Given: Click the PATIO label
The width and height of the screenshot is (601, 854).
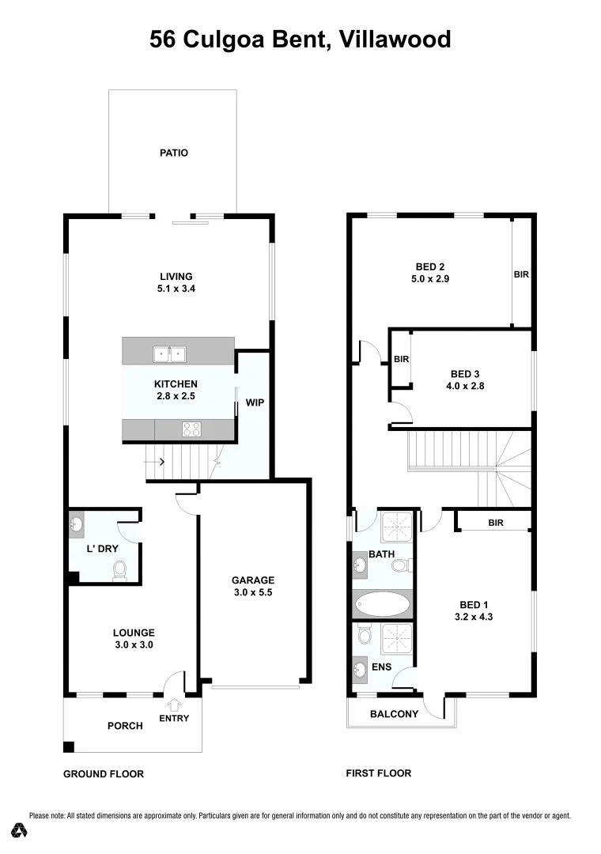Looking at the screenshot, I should click(174, 153).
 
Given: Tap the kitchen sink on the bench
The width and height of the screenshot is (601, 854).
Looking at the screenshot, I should click(170, 353).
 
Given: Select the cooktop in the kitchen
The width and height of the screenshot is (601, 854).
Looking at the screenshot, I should click(192, 429).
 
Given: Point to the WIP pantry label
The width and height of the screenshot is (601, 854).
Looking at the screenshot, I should click(255, 402).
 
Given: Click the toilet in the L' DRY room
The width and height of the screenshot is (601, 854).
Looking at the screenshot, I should click(120, 569).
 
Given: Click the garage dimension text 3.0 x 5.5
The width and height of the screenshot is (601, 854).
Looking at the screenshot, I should click(253, 591).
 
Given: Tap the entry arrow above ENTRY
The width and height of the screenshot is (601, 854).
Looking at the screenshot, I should click(174, 704).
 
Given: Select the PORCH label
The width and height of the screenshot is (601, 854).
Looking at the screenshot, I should click(125, 726).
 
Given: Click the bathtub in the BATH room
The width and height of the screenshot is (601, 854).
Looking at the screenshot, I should click(383, 606).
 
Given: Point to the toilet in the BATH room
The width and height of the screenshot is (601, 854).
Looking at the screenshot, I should click(400, 565).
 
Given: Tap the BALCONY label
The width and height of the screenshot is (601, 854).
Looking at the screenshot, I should click(395, 714).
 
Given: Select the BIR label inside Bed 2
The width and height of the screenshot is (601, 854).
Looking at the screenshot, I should click(521, 275).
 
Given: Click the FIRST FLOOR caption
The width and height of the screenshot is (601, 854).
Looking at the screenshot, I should click(379, 773).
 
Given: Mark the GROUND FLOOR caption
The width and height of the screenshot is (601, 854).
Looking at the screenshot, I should click(104, 774).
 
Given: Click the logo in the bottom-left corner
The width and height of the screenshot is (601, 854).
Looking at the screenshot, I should click(21, 830).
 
